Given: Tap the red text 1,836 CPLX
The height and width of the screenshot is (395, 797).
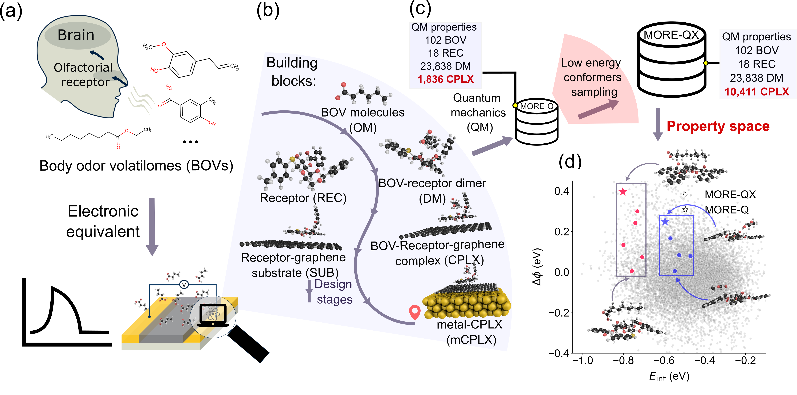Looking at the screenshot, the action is point(446,79).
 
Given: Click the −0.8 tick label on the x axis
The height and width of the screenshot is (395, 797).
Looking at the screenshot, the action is point(623,360).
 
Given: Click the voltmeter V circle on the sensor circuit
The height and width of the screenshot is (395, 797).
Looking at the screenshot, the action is point(184,285).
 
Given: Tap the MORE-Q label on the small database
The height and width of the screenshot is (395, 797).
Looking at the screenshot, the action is point(537,106).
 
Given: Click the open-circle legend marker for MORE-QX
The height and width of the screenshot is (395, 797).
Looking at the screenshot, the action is point(685,194).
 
